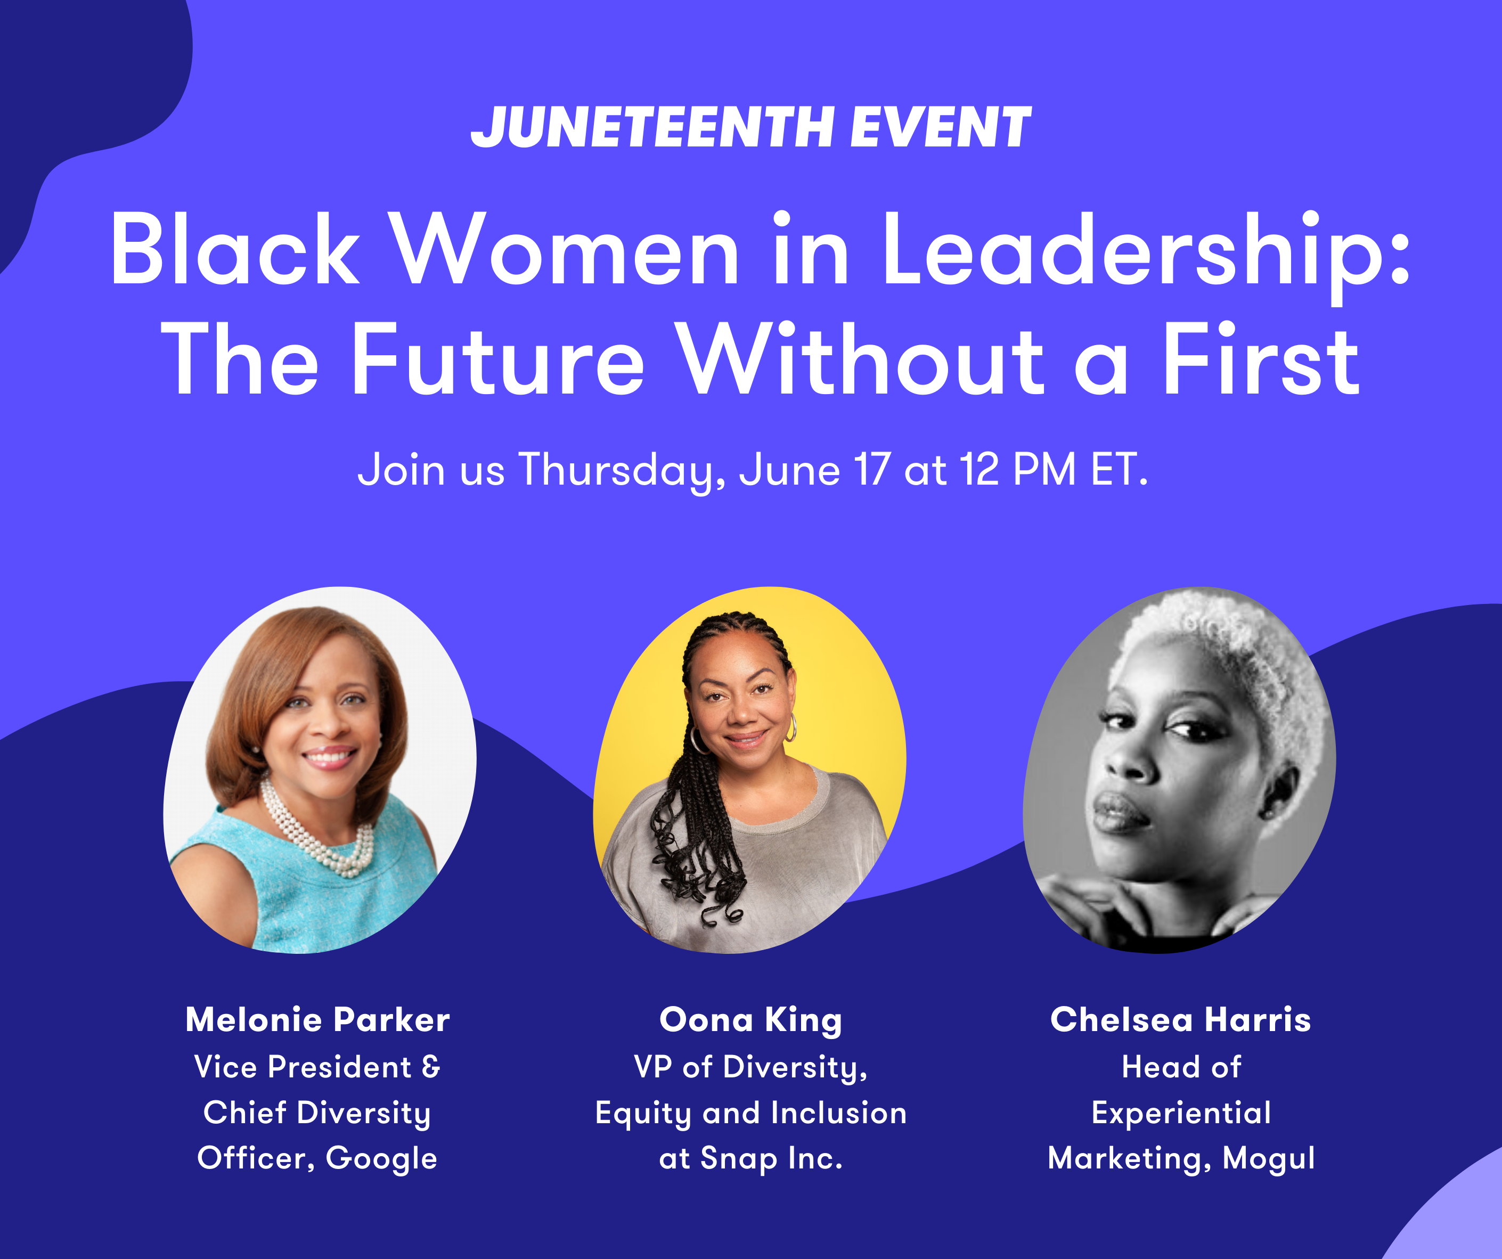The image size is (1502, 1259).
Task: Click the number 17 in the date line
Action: coord(872,469)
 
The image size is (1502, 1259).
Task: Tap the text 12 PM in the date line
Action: coord(1018,469)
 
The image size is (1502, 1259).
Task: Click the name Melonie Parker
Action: coord(317,1019)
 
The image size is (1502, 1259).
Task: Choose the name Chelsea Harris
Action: coord(1180,1019)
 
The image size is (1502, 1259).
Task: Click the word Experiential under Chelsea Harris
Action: coord(1181,1113)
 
